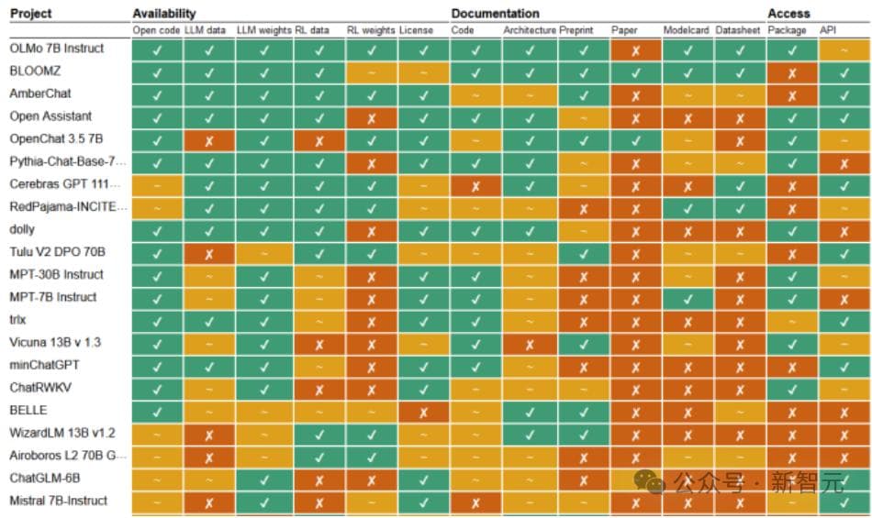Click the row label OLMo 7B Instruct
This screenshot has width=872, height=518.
[57, 48]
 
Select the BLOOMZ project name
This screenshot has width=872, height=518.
[34, 71]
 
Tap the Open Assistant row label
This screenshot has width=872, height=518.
[50, 116]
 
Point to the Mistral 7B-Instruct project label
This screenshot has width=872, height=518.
[58, 501]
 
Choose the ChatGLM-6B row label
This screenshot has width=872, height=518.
[44, 478]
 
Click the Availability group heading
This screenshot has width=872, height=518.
[164, 14]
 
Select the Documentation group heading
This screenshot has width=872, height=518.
[495, 14]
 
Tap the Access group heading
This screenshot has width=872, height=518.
[789, 14]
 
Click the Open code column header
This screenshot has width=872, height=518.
[156, 30]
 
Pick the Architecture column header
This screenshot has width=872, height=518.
[529, 30]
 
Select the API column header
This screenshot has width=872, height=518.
[829, 30]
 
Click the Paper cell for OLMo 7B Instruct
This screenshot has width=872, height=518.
[634, 49]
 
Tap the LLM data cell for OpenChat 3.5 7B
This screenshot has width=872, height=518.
[209, 139]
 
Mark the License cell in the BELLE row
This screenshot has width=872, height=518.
[423, 411]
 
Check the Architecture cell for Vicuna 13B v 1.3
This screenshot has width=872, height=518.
[529, 343]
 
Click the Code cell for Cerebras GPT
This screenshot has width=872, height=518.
[475, 184]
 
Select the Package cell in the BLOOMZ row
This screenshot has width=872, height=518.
[792, 72]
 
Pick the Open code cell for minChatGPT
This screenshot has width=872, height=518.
[156, 366]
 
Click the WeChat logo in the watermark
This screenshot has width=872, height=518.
[650, 481]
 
